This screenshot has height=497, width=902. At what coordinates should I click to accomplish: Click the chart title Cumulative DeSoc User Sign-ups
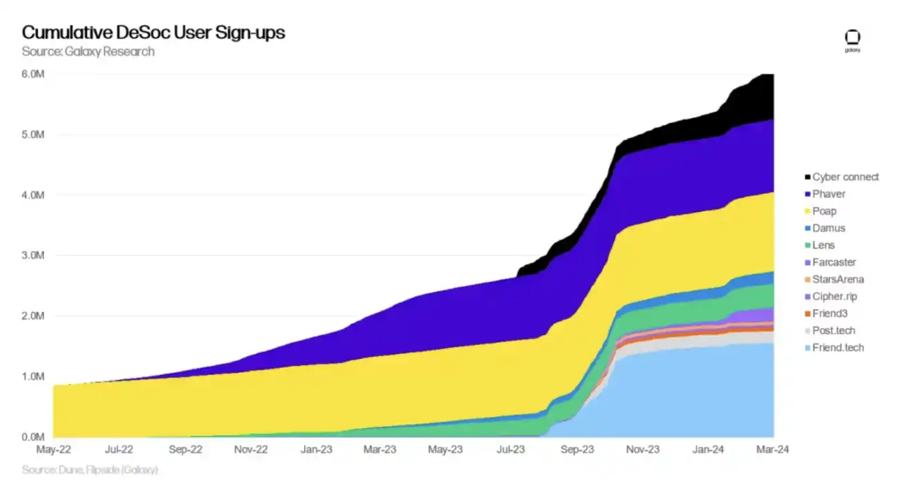153,32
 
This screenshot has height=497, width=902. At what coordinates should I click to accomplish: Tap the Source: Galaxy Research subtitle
88,52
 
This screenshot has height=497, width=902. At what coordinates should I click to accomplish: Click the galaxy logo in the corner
853,39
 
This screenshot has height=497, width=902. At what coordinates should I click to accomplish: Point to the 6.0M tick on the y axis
33,74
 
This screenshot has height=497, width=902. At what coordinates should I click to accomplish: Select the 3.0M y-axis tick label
33,255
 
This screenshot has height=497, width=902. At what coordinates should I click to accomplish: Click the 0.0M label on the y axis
33,437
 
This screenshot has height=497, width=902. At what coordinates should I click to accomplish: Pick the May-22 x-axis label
53,449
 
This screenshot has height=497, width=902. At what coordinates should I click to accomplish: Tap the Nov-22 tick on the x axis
251,449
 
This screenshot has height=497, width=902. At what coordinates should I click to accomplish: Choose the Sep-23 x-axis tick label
577,449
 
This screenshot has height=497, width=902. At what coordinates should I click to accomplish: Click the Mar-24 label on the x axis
772,449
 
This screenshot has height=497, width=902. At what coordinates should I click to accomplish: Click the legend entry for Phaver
829,194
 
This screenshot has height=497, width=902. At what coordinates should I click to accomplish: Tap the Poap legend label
824,211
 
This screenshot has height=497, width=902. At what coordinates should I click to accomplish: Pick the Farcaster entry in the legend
834,262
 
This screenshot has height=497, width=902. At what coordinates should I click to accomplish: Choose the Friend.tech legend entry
838,347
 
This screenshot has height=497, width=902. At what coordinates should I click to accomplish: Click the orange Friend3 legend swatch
807,313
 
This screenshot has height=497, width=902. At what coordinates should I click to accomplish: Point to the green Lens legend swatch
807,246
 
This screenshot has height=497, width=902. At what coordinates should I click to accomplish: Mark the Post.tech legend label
834,331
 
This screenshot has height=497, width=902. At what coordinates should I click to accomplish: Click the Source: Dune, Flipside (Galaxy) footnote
90,470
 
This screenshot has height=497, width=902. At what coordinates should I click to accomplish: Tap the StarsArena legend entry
838,280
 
